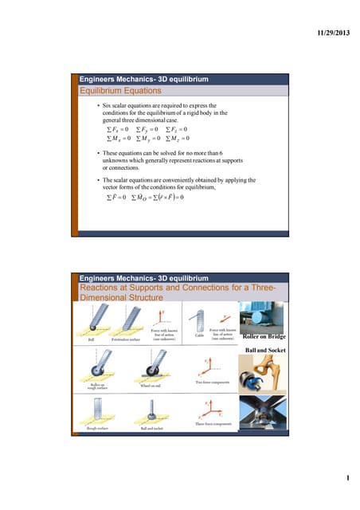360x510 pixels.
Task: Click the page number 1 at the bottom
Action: [348, 478]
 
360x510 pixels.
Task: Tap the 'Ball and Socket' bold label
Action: [264, 351]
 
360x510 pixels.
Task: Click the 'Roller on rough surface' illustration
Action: [99, 370]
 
